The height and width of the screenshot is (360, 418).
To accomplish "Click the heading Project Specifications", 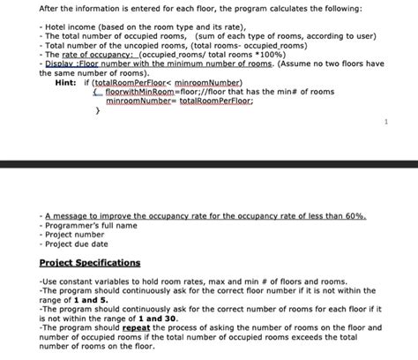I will (90, 263).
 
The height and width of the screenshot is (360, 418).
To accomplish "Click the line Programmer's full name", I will (89, 226).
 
